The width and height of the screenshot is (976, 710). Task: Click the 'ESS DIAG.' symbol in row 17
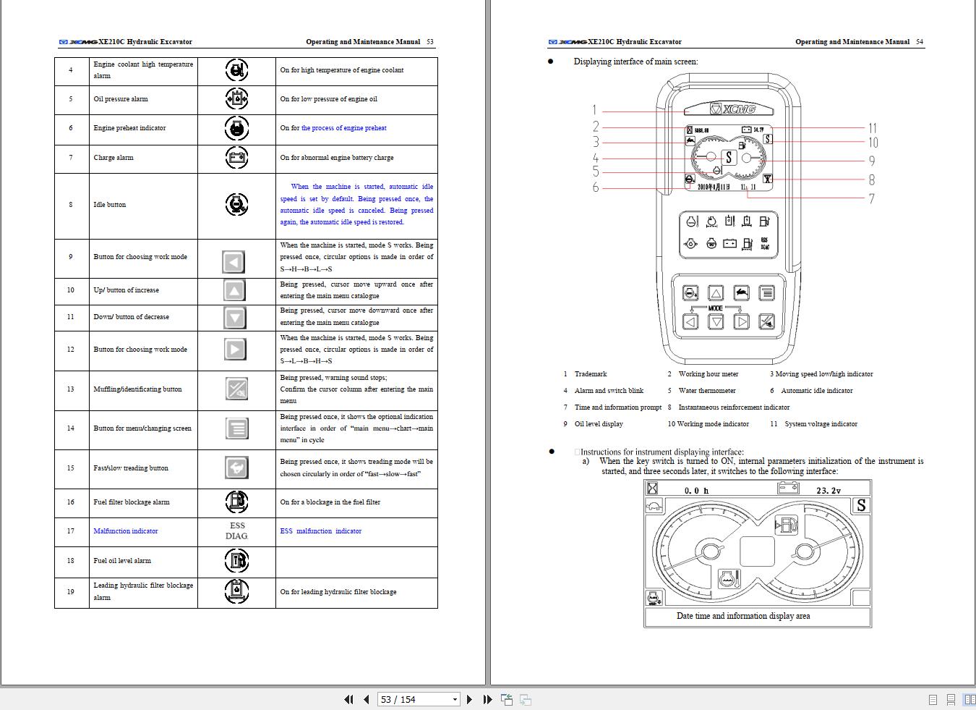pos(236,531)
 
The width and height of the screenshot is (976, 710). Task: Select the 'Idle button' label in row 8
pos(109,205)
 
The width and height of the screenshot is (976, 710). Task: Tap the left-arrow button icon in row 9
pos(234,262)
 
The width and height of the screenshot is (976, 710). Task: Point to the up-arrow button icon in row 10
pos(234,290)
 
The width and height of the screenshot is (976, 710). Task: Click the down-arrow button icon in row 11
pos(234,317)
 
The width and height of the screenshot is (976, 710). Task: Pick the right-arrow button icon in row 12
pos(234,350)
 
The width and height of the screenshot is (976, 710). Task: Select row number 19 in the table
pos(71,592)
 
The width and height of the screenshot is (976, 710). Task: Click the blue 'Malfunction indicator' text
pos(126,531)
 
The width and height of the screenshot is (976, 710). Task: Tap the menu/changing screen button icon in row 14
pos(236,428)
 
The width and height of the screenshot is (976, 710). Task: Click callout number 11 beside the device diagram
pos(873,128)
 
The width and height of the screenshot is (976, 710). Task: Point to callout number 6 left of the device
pos(595,188)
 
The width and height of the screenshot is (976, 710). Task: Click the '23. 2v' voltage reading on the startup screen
pos(828,491)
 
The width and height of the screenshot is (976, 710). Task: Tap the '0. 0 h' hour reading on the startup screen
pos(696,491)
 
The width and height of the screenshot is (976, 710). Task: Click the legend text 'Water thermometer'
pos(706,391)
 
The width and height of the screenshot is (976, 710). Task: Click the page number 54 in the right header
pos(919,42)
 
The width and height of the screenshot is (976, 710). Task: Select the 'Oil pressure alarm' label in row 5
pos(121,99)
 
